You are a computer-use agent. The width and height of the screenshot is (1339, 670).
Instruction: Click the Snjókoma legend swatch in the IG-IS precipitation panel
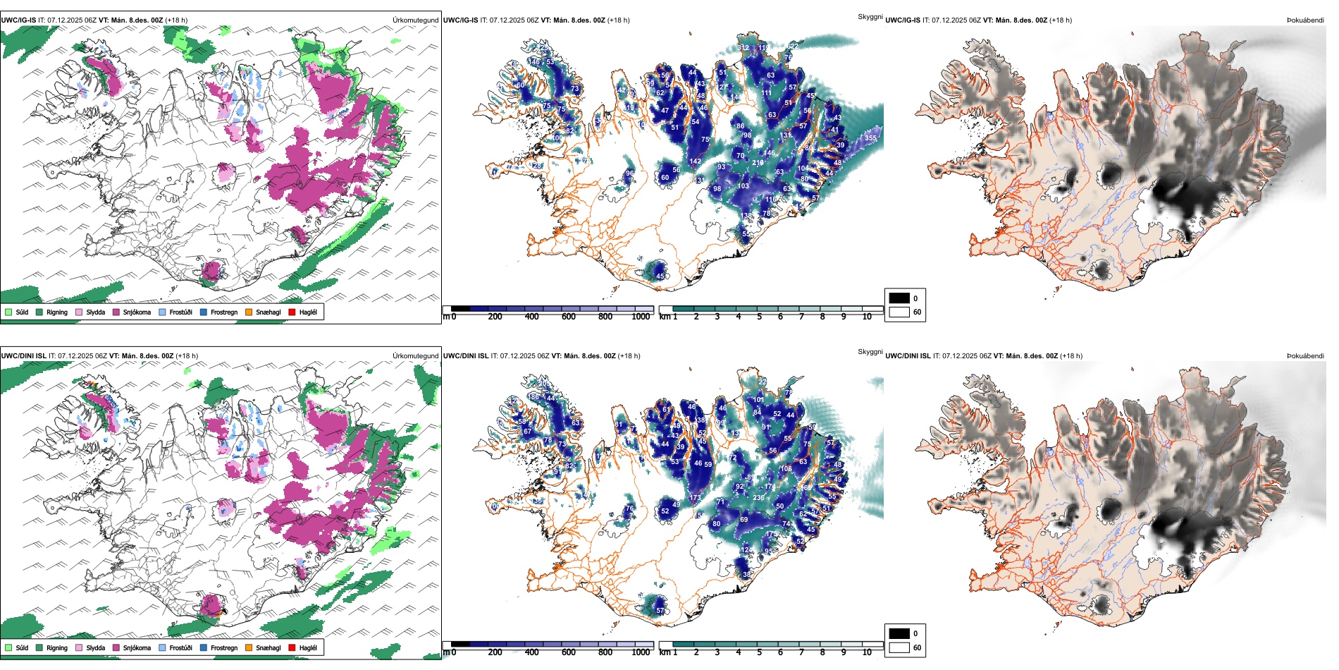(116, 312)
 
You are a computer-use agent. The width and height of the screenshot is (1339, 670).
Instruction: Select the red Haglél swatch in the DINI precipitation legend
(292, 647)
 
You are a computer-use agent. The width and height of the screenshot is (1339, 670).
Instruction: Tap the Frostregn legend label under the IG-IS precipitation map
(224, 312)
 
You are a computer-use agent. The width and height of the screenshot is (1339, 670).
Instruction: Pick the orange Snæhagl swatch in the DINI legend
(249, 647)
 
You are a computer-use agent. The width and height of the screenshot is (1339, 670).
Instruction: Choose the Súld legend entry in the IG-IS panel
(8, 312)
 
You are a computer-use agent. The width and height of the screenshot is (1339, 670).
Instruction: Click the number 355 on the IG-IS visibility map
(870, 138)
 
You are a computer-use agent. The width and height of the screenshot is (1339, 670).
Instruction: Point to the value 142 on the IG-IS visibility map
(695, 162)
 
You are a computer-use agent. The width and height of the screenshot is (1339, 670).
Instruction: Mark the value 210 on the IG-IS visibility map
(758, 163)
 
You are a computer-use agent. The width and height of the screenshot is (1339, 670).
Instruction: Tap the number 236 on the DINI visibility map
(758, 498)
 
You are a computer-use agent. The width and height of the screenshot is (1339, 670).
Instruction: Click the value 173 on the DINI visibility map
(695, 498)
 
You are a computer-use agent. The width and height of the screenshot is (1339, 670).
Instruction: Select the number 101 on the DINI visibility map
(758, 400)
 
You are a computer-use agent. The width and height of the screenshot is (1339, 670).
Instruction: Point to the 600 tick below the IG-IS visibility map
(568, 317)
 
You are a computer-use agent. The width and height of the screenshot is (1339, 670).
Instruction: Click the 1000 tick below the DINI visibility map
(641, 652)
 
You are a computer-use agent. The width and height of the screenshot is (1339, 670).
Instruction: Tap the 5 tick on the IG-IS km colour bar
(759, 317)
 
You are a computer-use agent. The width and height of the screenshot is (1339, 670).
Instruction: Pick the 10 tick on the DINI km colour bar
(867, 652)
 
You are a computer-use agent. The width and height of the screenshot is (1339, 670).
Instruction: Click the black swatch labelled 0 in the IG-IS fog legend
(899, 298)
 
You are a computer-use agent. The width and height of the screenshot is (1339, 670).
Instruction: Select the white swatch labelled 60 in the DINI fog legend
(899, 647)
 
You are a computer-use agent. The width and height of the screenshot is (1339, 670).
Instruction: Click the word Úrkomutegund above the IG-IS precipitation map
(415, 20)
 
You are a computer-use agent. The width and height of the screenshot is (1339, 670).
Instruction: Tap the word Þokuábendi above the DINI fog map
(1305, 356)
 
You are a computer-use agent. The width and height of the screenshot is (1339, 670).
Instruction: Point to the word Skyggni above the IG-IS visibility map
(870, 16)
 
